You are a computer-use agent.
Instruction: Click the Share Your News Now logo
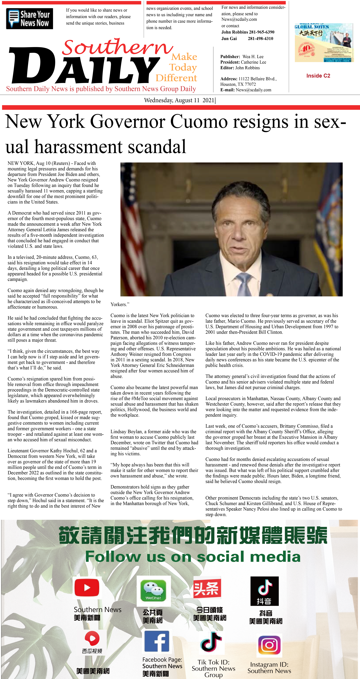tap(30, 18)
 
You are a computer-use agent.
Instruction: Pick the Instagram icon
tap(269, 645)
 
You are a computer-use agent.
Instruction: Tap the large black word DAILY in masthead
tap(84, 66)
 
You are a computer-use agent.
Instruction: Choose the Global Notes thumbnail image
tap(324, 43)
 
